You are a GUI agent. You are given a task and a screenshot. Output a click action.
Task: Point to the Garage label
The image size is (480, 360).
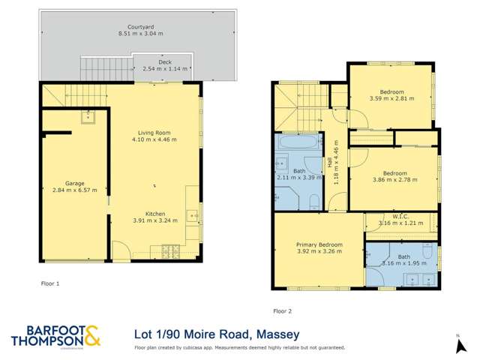pyautogui.click(x=73, y=182)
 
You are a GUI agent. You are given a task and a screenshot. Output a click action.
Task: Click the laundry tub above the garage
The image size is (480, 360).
pyautogui.click(x=89, y=115)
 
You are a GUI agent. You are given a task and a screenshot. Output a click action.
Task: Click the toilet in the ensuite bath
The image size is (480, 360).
pyautogui.click(x=426, y=248)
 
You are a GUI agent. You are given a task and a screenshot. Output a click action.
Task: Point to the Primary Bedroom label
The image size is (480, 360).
pyautogui.click(x=319, y=244)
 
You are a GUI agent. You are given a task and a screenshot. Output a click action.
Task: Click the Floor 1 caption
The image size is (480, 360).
pyautogui.click(x=49, y=284)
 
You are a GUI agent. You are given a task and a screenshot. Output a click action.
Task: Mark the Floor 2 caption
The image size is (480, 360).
pyautogui.click(x=282, y=310)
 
